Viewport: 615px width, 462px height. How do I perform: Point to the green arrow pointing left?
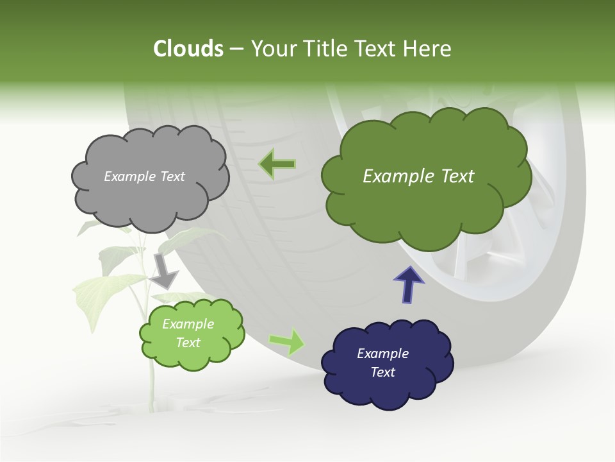click(277, 164)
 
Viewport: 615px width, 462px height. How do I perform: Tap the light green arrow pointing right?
click(288, 341)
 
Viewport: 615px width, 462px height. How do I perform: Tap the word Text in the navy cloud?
click(382, 372)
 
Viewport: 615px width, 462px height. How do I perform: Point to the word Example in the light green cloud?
click(188, 324)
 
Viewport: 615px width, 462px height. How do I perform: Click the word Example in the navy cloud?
click(382, 354)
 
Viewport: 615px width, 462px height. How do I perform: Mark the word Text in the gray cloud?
click(172, 176)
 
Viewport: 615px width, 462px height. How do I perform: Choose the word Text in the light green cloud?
click(188, 343)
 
